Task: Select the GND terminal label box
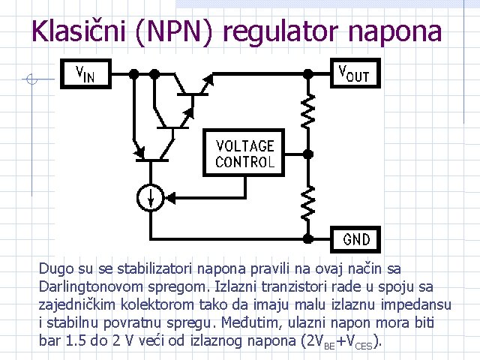point(356,239)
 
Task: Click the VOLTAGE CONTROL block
point(244,153)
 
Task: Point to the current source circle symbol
point(151,197)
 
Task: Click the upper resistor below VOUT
point(307,112)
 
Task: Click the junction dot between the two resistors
point(307,153)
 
